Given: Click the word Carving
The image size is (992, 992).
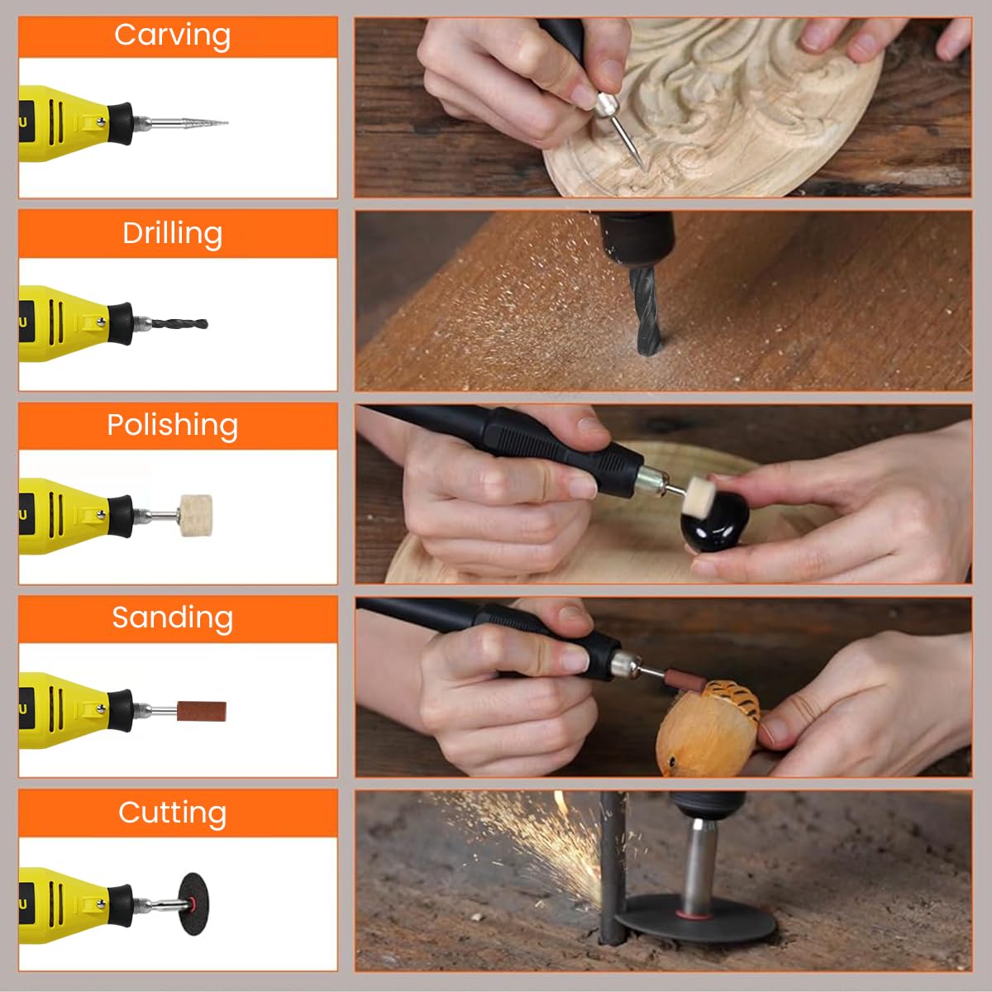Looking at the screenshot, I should point(172,36).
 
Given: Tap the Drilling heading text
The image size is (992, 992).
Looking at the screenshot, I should point(172,233).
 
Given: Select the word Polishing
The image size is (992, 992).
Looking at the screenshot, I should point(172,425).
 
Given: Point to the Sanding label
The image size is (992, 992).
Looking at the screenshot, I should point(172,618).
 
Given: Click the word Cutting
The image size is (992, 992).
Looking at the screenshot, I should point(172,813).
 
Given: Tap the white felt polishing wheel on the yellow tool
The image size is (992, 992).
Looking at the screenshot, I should point(195,516).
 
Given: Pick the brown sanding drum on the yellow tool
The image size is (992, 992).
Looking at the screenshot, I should point(201,711).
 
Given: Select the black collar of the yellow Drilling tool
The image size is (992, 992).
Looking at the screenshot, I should point(121,323).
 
